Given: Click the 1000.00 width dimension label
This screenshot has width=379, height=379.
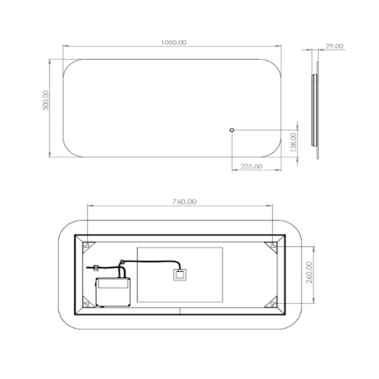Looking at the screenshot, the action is pyautogui.click(x=173, y=43).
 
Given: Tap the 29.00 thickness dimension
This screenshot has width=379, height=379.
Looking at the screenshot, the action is pyautogui.click(x=334, y=46).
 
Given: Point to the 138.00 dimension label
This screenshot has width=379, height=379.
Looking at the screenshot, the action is pyautogui.click(x=293, y=142).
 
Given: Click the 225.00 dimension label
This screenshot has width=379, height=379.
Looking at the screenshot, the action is pyautogui.click(x=251, y=166).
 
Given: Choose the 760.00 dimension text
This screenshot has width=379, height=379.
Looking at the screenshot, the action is pyautogui.click(x=184, y=202).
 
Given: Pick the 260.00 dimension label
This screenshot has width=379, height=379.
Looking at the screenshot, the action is pyautogui.click(x=310, y=272).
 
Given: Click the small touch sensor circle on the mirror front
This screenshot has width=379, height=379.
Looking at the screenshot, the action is pyautogui.click(x=232, y=130).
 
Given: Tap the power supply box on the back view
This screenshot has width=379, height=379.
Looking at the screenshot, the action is pyautogui.click(x=113, y=292).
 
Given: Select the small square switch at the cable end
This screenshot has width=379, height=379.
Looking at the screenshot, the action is pyautogui.click(x=179, y=274).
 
